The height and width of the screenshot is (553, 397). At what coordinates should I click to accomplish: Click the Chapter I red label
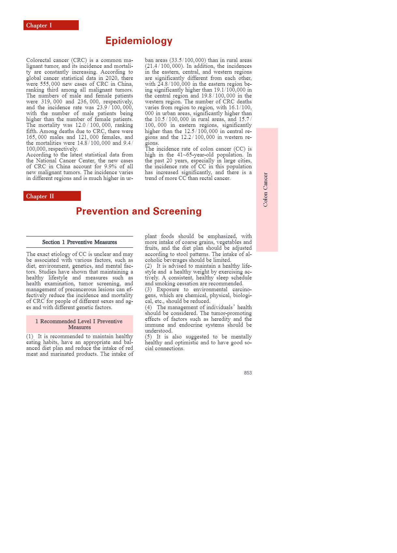pyautogui.click(x=51, y=25)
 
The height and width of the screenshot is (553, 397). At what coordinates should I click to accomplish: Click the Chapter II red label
pyautogui.click(x=52, y=196)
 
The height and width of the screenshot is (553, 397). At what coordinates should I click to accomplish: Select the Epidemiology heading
pyautogui.click(x=139, y=41)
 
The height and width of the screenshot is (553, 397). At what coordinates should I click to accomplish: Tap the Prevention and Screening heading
pyautogui.click(x=139, y=211)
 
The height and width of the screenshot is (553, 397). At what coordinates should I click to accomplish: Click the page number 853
pyautogui.click(x=248, y=373)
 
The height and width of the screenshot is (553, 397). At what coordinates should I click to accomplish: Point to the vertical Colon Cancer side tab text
pyautogui.click(x=265, y=189)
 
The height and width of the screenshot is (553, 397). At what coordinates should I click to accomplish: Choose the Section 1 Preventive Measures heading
pyautogui.click(x=80, y=242)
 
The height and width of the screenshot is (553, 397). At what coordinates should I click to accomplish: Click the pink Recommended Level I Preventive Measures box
pyautogui.click(x=80, y=324)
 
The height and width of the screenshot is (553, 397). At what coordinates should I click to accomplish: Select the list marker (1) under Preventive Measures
pyautogui.click(x=30, y=336)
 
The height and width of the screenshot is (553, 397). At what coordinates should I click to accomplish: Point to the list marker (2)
pyautogui.click(x=148, y=266)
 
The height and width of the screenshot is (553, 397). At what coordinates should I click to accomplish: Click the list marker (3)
pyautogui.click(x=148, y=290)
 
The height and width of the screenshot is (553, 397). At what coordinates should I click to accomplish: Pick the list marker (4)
pyautogui.click(x=148, y=307)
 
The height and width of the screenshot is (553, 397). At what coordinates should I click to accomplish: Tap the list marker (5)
pyautogui.click(x=148, y=337)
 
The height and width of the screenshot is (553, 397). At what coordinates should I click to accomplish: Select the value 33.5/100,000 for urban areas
pyautogui.click(x=190, y=60)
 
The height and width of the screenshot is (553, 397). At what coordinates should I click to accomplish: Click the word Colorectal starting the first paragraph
pyautogui.click(x=38, y=60)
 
